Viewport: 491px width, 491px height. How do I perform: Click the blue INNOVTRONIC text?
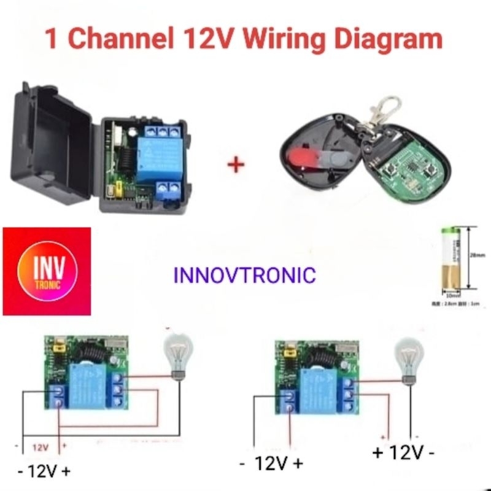point(245,274)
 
